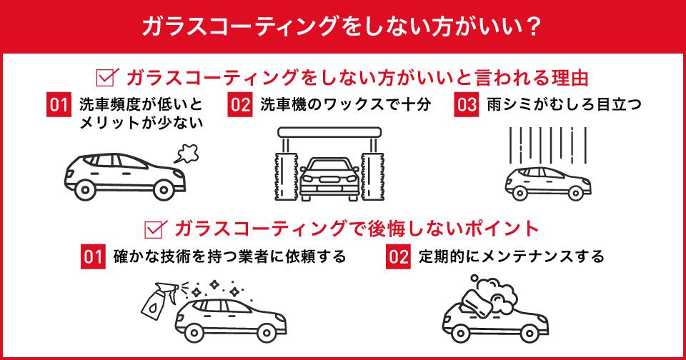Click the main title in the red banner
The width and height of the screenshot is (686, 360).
point(342,26)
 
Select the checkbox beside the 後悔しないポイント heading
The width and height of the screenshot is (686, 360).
point(155,229)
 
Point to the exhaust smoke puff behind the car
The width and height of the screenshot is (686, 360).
point(186,151)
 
